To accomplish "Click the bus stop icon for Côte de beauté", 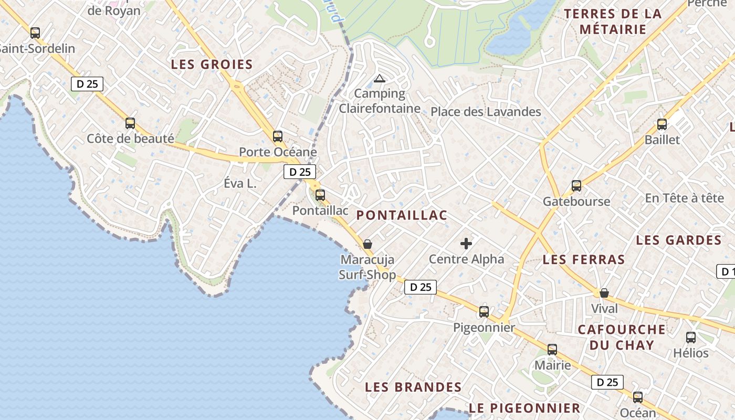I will pyautogui.click(x=130, y=123).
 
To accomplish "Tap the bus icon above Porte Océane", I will pyautogui.click(x=278, y=136).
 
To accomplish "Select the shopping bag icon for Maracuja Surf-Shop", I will pyautogui.click(x=367, y=244).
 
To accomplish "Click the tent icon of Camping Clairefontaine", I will pyautogui.click(x=379, y=79).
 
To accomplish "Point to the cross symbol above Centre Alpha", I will pyautogui.click(x=466, y=243).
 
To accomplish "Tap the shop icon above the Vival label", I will pyautogui.click(x=604, y=293).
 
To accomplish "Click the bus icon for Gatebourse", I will pyautogui.click(x=576, y=185).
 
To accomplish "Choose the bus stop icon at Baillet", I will pyautogui.click(x=662, y=124).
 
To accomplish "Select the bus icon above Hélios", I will pyautogui.click(x=691, y=338).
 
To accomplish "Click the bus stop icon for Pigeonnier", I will pyautogui.click(x=484, y=312).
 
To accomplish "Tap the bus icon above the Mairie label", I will pyautogui.click(x=552, y=350).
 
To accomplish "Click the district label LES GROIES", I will pyautogui.click(x=212, y=65).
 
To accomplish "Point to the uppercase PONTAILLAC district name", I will pyautogui.click(x=402, y=215).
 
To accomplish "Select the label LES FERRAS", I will pyautogui.click(x=584, y=259).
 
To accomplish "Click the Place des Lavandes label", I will pyautogui.click(x=486, y=112).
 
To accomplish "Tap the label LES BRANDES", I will pyautogui.click(x=413, y=387).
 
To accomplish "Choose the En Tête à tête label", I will pyautogui.click(x=685, y=198).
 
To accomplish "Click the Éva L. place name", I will pyautogui.click(x=240, y=184).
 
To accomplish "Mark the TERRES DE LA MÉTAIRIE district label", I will pyautogui.click(x=613, y=22).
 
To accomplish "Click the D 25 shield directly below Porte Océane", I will pyautogui.click(x=300, y=172).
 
